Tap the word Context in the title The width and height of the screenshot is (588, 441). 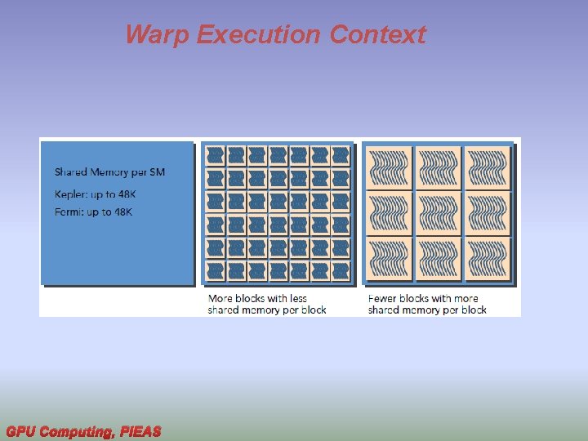click(x=378, y=35)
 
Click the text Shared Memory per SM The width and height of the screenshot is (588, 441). click(x=109, y=172)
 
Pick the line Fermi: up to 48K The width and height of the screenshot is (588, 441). click(x=93, y=212)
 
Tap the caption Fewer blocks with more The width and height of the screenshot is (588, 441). click(x=423, y=298)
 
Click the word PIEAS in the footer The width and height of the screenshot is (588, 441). click(x=140, y=431)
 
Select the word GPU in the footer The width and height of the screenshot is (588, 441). click(x=20, y=431)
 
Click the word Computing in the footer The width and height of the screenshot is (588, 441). click(x=76, y=431)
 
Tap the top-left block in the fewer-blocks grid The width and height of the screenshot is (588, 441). click(x=390, y=167)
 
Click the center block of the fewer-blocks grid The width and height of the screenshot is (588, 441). click(x=439, y=214)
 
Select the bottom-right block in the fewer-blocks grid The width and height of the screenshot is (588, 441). click(x=487, y=261)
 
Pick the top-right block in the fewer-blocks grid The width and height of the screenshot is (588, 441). click(x=487, y=167)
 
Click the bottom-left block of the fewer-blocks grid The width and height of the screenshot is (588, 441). click(x=390, y=261)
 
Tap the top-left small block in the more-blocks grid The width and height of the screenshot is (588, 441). click(x=216, y=154)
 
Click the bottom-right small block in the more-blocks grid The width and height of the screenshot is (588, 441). click(x=341, y=270)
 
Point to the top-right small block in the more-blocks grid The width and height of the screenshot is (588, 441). click(x=341, y=154)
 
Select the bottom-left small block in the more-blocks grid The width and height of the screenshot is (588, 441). click(x=216, y=270)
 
